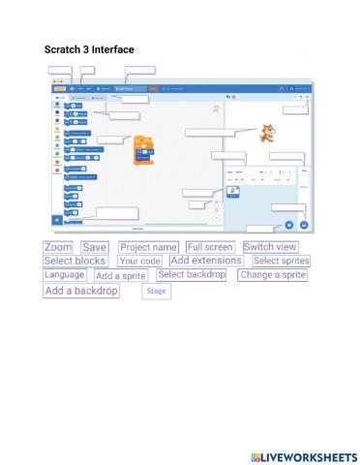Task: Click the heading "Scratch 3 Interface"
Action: point(89,49)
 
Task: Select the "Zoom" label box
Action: point(58,248)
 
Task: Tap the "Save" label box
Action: point(95,248)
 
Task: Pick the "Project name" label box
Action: point(148,248)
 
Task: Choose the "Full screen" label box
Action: point(210,248)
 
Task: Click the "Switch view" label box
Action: point(271,247)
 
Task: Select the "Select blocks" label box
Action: point(75,261)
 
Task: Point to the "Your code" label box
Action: point(139,262)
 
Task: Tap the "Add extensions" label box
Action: point(205,261)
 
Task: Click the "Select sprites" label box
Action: point(281,261)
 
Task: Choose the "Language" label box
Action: point(65,275)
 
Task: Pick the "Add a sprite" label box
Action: point(121,276)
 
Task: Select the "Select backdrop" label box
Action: point(192,275)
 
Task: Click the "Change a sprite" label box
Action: point(273,275)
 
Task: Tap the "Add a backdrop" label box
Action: point(81,291)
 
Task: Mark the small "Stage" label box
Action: point(155,291)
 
